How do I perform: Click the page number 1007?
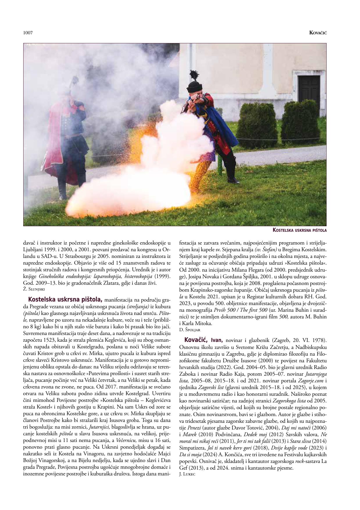28,33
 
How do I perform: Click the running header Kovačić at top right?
318,33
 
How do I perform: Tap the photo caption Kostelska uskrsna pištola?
300,230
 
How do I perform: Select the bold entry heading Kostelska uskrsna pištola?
65,299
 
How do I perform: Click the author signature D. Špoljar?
190,330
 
